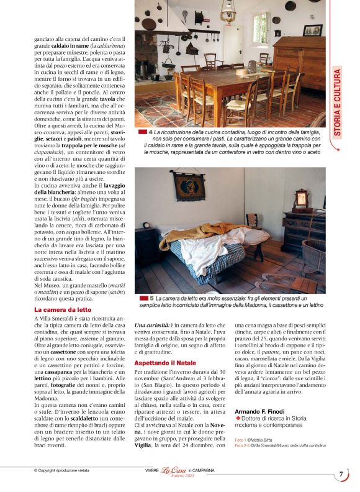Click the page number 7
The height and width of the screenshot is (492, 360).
tap(341, 475)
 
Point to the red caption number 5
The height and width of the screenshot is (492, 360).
tap(143, 298)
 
